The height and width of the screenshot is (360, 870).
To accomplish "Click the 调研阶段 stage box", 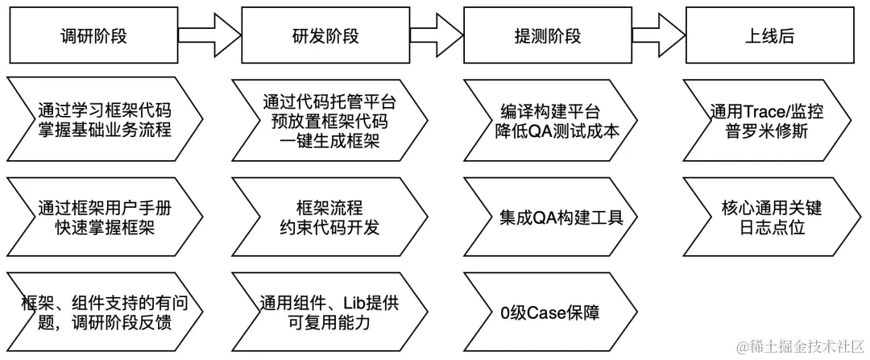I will (93, 36).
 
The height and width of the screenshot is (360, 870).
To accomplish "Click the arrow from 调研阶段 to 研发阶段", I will (209, 36).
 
